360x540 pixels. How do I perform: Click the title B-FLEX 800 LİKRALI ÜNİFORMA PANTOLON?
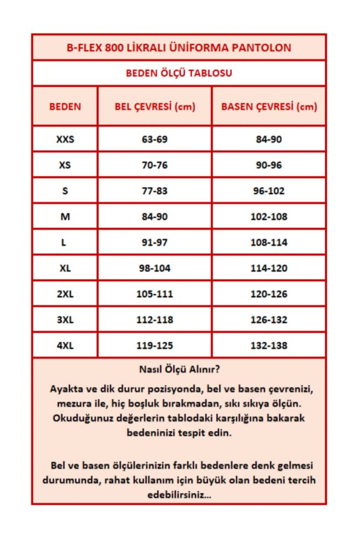pos(179,48)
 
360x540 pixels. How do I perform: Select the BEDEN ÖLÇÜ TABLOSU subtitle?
pos(179,73)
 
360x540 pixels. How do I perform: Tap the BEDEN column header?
pos(65,106)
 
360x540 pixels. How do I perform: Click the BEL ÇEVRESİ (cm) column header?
pos(155,106)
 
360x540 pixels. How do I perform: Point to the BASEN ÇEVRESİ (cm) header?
pos(269,106)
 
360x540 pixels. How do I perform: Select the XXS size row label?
pos(65,139)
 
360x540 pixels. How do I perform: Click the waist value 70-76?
pos(155,165)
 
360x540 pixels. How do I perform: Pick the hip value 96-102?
pos(269,191)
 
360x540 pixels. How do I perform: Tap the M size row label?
pos(65,217)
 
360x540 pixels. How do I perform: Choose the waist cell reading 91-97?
pos(155,242)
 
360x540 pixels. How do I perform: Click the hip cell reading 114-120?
pos(269,268)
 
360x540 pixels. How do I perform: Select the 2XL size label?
pos(65,294)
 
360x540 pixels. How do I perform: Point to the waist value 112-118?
pos(155,320)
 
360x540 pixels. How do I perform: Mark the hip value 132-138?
pos(269,346)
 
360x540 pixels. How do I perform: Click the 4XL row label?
pos(65,346)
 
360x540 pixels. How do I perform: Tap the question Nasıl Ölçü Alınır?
pos(179,370)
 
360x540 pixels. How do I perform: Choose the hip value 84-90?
pos(269,139)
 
